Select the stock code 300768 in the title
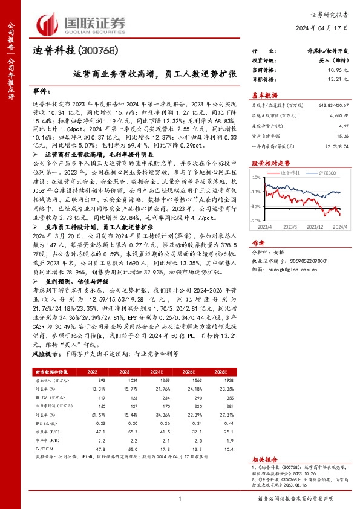(94, 50)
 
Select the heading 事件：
(42, 91)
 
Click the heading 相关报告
(264, 460)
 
